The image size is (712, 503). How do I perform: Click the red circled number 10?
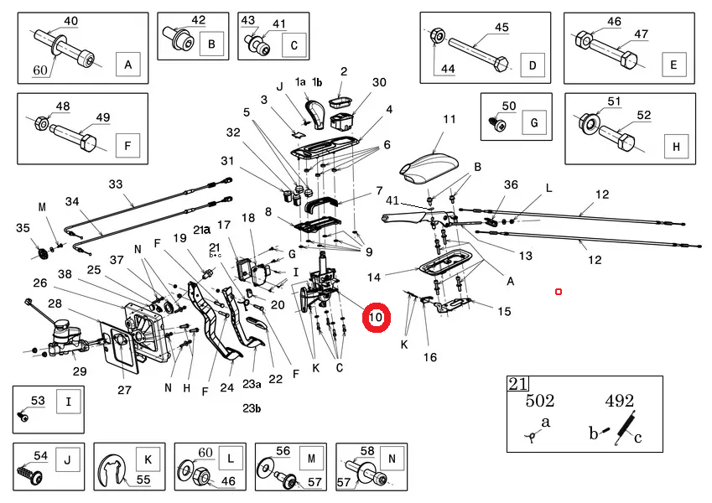(376, 318)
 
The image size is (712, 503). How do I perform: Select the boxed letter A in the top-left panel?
(127, 64)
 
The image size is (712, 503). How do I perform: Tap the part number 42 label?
(198, 20)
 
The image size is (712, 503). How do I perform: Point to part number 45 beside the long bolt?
(501, 28)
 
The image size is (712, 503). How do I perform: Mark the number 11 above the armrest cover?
(450, 119)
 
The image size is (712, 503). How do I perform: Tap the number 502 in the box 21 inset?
(540, 401)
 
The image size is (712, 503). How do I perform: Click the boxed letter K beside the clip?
(148, 459)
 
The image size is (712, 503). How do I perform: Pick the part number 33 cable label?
(115, 184)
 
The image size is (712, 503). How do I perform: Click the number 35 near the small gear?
(23, 227)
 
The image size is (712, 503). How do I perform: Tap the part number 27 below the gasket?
(124, 390)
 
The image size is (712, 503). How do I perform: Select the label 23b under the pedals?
(252, 408)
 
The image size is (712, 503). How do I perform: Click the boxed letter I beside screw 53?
(69, 402)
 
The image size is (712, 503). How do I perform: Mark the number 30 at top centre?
(379, 82)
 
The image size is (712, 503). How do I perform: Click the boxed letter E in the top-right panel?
(671, 64)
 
